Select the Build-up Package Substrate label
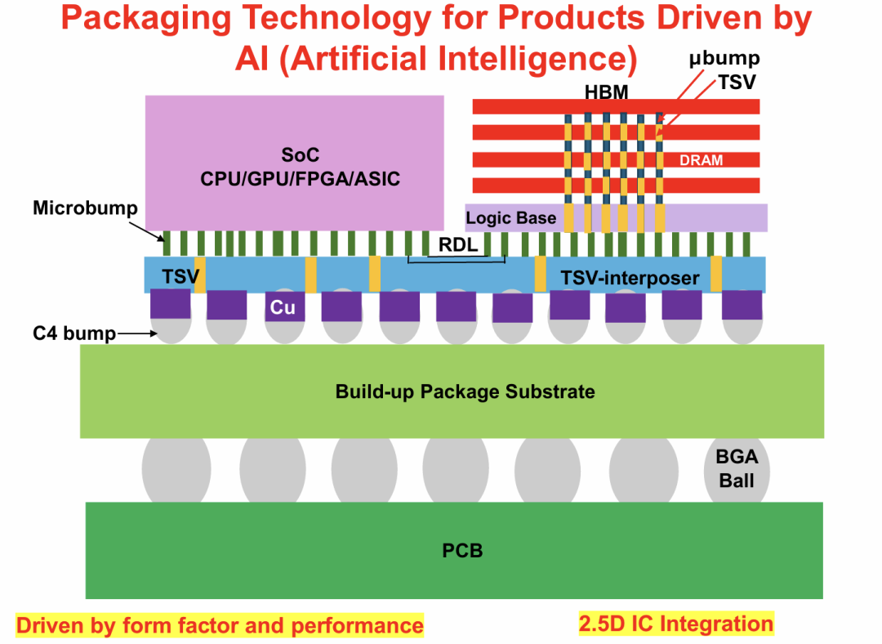[x=465, y=391]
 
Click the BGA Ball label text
[x=736, y=469]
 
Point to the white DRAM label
[x=701, y=160]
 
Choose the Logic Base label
[x=510, y=218]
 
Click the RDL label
[x=458, y=244]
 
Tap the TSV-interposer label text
[x=630, y=278]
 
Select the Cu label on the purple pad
[x=283, y=308]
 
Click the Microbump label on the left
[x=85, y=208]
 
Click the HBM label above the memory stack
[x=607, y=92]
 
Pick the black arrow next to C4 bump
[x=136, y=333]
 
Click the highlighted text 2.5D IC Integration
[x=675, y=624]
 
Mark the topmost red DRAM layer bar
[x=616, y=106]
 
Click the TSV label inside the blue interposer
[x=180, y=276]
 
